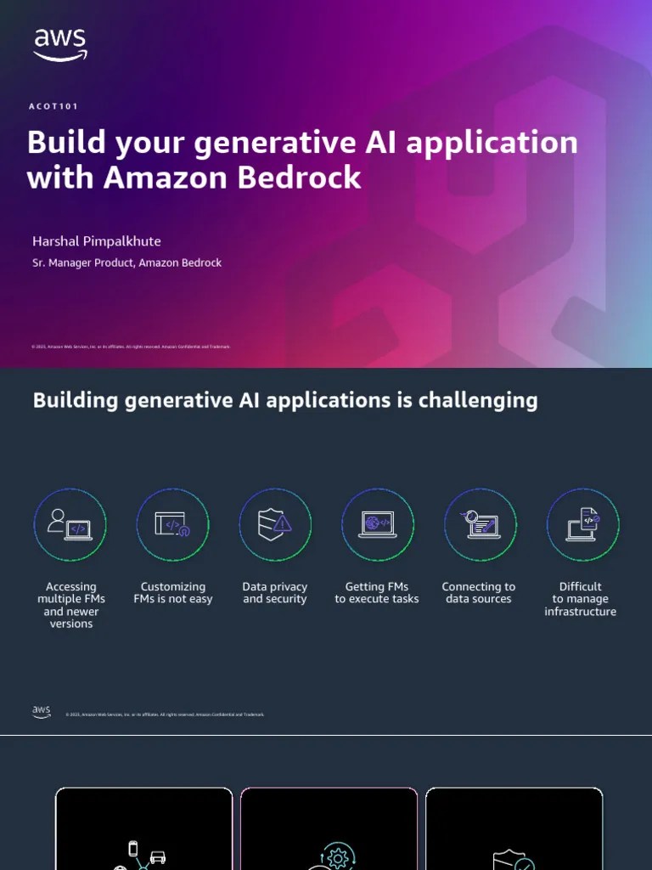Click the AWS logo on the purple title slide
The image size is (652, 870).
pyautogui.click(x=59, y=44)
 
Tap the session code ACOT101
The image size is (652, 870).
pyautogui.click(x=54, y=106)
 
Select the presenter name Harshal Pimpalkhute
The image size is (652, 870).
pyautogui.click(x=97, y=241)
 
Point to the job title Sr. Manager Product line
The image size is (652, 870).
pyautogui.click(x=126, y=263)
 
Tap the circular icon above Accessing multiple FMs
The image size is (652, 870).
pyautogui.click(x=70, y=525)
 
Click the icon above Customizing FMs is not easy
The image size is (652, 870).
pyautogui.click(x=173, y=525)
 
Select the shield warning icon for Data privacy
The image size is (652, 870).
pyautogui.click(x=275, y=525)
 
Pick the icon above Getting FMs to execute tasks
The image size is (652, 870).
pyautogui.click(x=377, y=525)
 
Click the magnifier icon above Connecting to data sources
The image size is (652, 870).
pyautogui.click(x=480, y=525)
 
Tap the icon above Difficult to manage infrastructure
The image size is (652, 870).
pyautogui.click(x=582, y=525)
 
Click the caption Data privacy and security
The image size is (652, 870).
pyautogui.click(x=275, y=593)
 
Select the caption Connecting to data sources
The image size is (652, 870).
pyautogui.click(x=479, y=593)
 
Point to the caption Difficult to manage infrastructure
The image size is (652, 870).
pyautogui.click(x=581, y=599)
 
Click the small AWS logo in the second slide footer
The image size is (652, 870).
pyautogui.click(x=42, y=712)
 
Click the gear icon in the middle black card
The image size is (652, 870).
pyautogui.click(x=338, y=857)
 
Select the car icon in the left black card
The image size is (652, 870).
pyautogui.click(x=157, y=857)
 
